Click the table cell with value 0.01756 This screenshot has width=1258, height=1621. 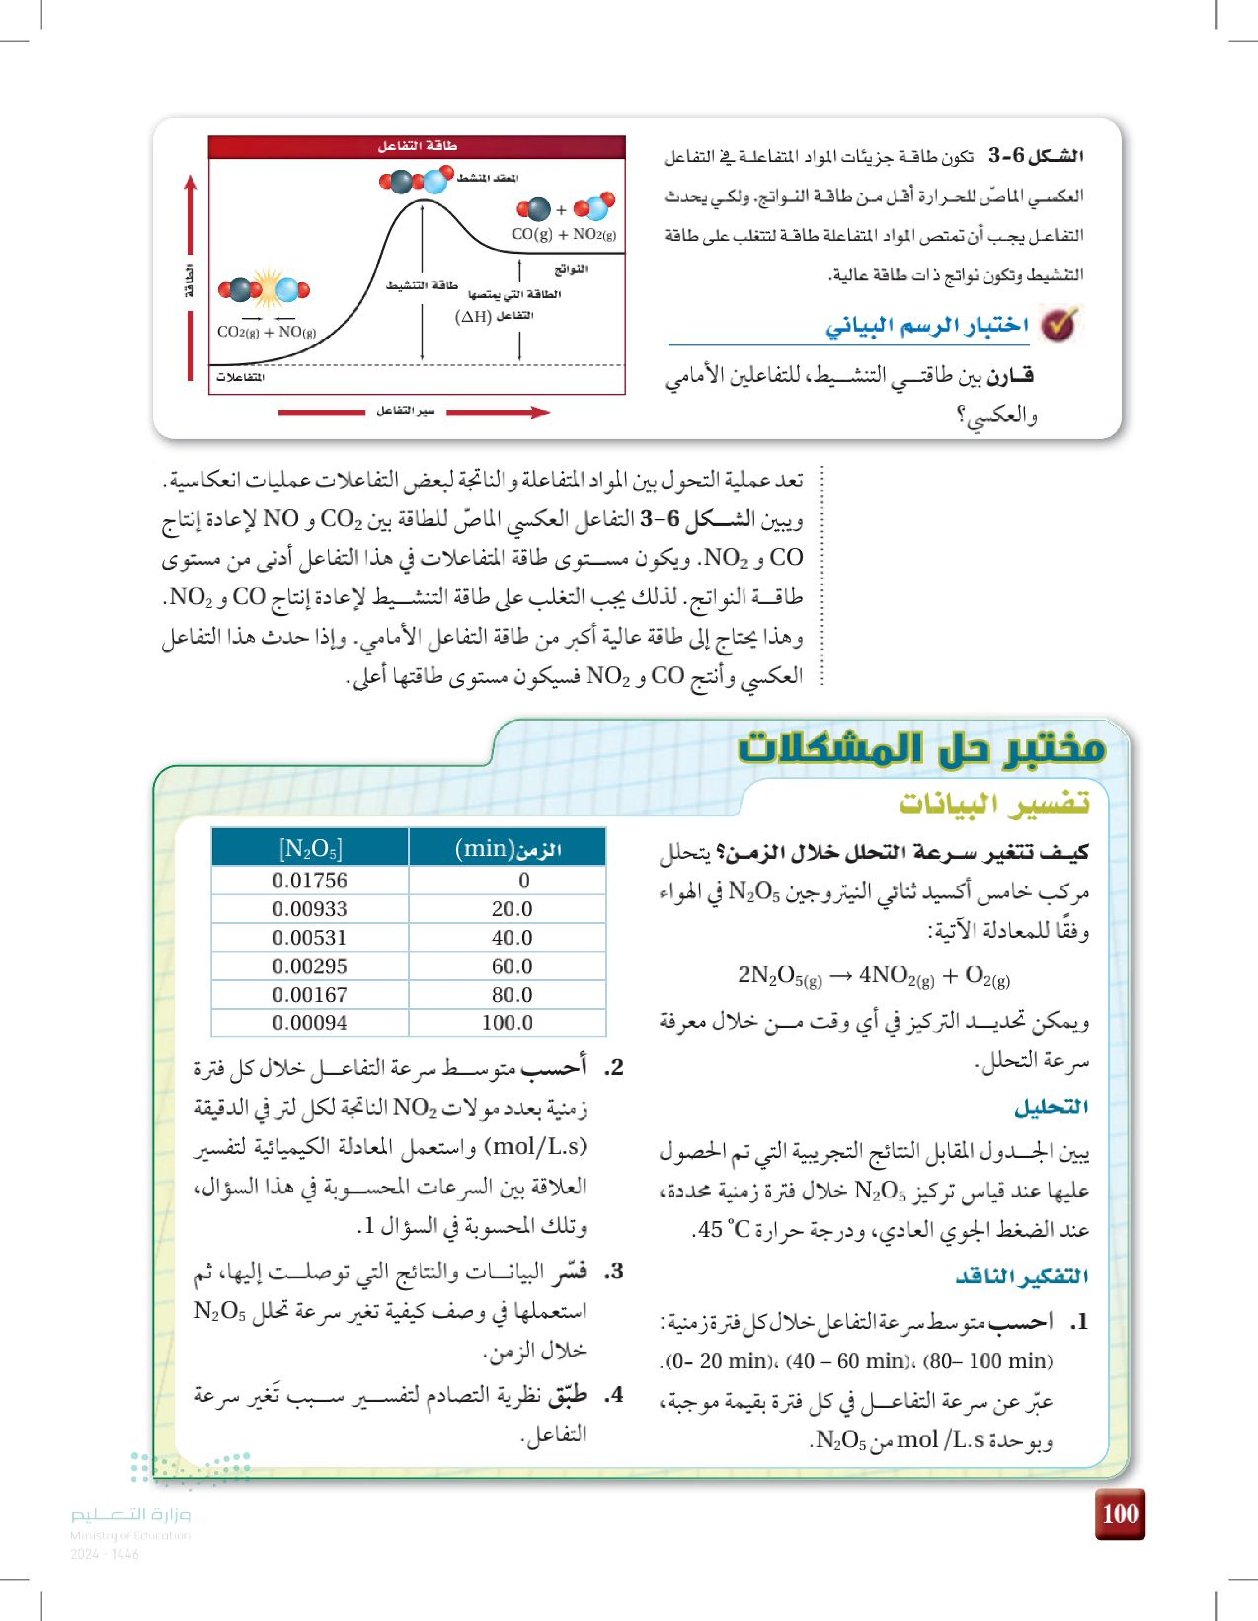pyautogui.click(x=310, y=880)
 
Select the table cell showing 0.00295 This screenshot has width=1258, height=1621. pyautogui.click(x=310, y=966)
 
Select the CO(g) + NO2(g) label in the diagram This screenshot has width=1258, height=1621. pyautogui.click(x=563, y=234)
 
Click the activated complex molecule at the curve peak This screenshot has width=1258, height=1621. pyautogui.click(x=416, y=180)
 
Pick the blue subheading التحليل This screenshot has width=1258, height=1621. pyautogui.click(x=1051, y=1107)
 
